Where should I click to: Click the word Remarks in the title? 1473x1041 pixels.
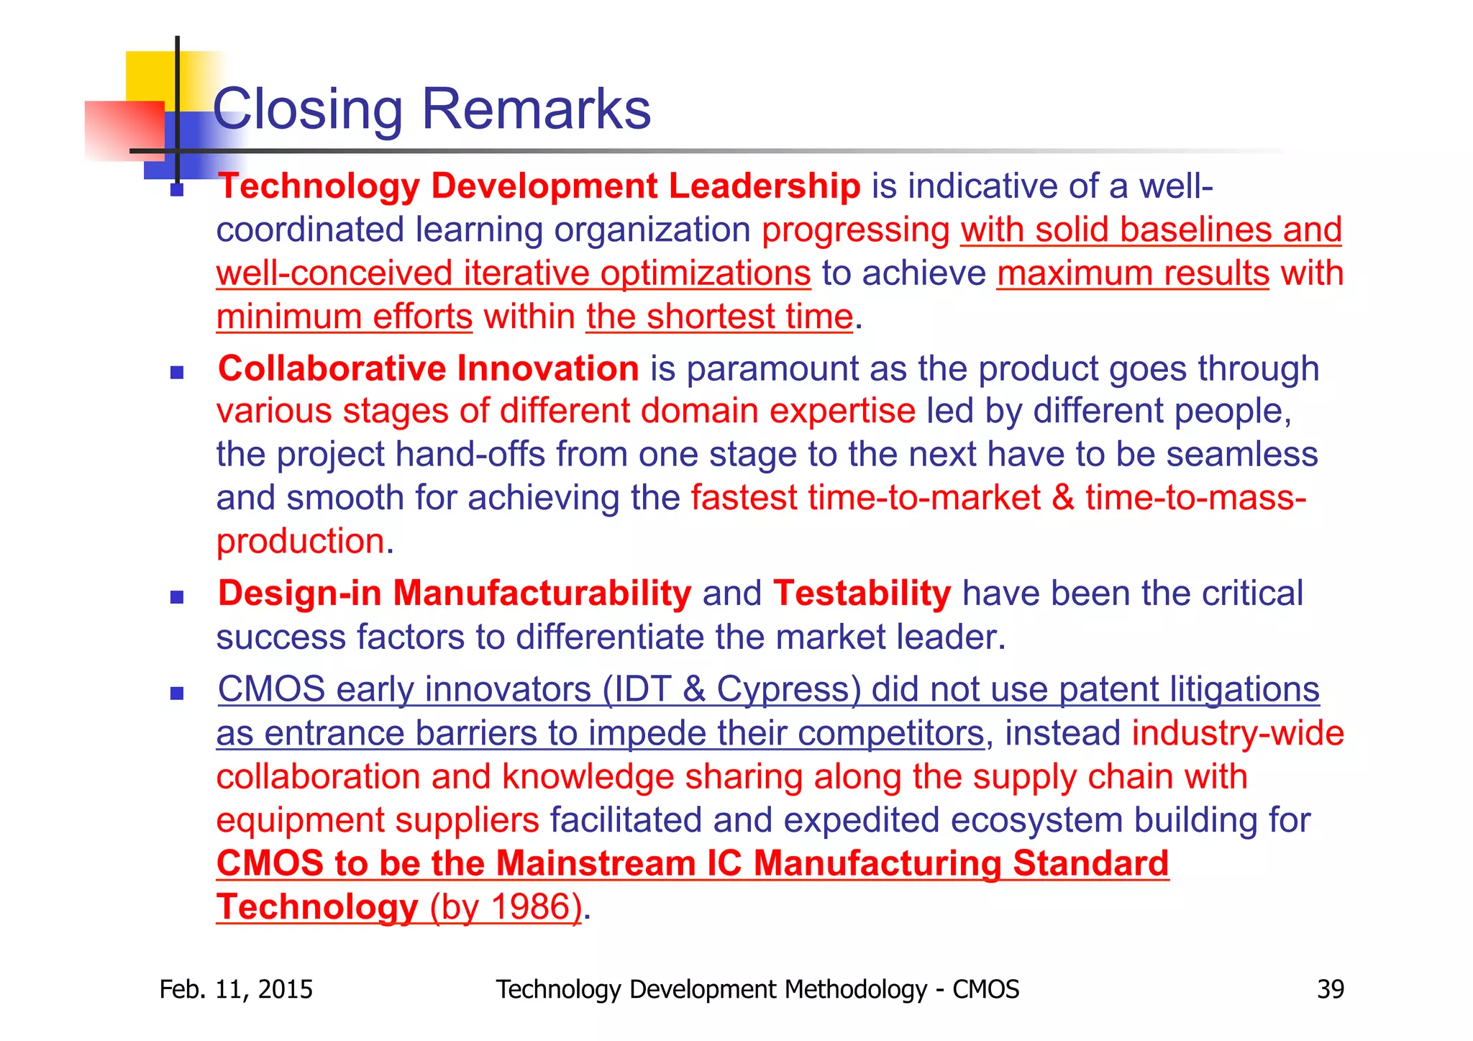pos(536,109)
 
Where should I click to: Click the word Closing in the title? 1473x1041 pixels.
pos(308,109)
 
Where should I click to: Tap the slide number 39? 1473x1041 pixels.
pos(1330,989)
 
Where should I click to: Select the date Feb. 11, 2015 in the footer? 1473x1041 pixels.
pos(236,989)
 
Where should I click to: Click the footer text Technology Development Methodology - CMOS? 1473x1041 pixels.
pos(757,989)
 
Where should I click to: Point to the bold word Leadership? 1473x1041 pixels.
pos(765,186)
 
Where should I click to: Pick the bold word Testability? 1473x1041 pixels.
pos(862,594)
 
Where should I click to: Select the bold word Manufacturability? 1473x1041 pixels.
pos(542,594)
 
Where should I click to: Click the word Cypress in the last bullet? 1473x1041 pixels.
pos(789,689)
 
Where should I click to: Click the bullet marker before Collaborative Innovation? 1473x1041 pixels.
pos(177,373)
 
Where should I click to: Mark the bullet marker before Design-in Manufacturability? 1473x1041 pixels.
pos(177,597)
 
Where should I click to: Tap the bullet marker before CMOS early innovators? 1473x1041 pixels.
pos(177,694)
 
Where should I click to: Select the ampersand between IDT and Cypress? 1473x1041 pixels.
pos(694,689)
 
